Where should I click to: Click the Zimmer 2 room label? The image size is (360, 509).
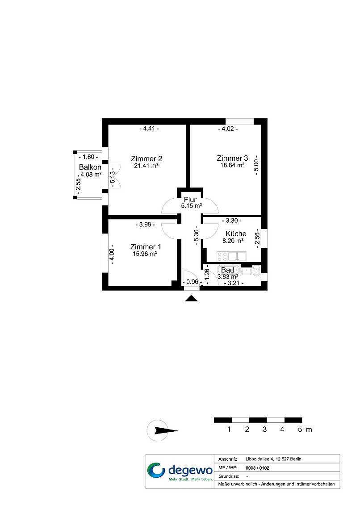tap(147, 159)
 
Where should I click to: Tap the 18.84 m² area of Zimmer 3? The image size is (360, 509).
tap(232, 165)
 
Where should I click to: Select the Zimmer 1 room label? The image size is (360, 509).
tap(146, 247)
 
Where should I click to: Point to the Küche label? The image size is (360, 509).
tap(236, 234)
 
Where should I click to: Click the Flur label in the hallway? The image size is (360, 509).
tap(190, 200)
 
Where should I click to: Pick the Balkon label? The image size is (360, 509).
tap(90, 167)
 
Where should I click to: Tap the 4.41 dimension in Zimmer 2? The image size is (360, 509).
tap(149, 129)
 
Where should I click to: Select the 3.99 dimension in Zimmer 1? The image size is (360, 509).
tap(145, 224)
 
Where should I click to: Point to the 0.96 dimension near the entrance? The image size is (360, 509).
tap(192, 282)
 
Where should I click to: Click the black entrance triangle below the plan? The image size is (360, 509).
tap(191, 298)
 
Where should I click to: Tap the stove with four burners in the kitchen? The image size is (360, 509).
tap(223, 256)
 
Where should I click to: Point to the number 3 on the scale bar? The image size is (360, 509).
tap(264, 430)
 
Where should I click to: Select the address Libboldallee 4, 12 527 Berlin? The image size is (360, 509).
tap(273, 459)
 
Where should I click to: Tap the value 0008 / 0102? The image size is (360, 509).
tap(257, 468)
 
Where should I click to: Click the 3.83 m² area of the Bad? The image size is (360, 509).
tap(228, 277)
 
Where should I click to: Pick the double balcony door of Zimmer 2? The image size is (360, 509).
tap(115, 176)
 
